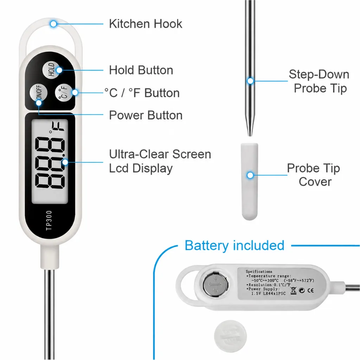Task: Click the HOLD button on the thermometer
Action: click(x=51, y=70)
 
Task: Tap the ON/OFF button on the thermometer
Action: click(x=39, y=93)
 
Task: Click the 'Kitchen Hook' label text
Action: click(x=146, y=24)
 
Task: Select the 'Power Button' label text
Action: click(x=146, y=115)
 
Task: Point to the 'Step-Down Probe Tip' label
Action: click(x=319, y=81)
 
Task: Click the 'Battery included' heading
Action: click(x=234, y=245)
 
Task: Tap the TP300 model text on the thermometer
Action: click(x=49, y=220)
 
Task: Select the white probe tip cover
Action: click(x=250, y=181)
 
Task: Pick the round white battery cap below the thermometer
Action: click(x=230, y=336)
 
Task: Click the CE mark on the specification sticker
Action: click(x=310, y=290)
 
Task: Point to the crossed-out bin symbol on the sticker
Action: click(x=293, y=290)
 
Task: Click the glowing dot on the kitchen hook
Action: click(x=53, y=24)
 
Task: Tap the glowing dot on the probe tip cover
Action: click(x=250, y=175)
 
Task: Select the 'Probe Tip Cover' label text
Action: click(x=314, y=175)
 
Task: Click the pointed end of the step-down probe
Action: click(x=250, y=136)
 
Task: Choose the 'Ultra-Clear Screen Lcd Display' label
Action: click(x=160, y=161)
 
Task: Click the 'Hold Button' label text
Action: click(x=141, y=70)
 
